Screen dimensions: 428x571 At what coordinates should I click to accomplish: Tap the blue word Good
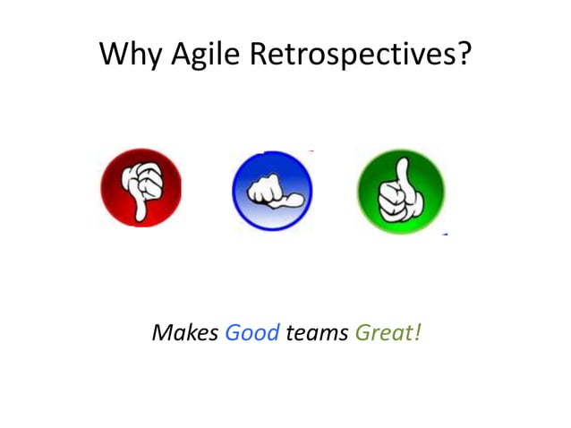click(252, 334)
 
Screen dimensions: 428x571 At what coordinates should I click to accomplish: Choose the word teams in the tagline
click(318, 334)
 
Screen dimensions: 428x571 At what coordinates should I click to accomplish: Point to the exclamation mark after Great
click(417, 333)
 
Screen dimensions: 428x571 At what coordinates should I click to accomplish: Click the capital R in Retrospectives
click(259, 55)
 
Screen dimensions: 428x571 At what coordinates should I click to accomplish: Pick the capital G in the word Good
click(232, 334)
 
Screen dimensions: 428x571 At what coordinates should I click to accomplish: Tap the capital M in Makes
click(162, 334)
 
